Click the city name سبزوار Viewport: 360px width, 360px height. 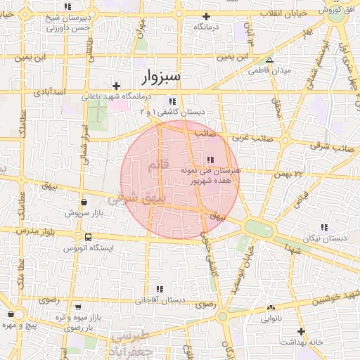click(x=161, y=75)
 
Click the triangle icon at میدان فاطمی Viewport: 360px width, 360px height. click(x=270, y=60)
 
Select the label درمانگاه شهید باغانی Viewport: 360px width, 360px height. click(x=129, y=96)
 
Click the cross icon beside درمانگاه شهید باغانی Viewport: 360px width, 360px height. click(x=116, y=85)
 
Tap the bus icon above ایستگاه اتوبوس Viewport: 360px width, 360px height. click(x=87, y=237)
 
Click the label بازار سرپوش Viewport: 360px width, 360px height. click(x=84, y=212)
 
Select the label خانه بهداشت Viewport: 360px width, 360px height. click(x=301, y=342)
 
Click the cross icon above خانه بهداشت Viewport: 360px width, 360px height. click(x=301, y=330)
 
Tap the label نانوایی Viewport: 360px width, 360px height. click(x=271, y=319)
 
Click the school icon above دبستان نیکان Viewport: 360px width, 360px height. click(x=324, y=227)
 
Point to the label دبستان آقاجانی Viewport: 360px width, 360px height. click(x=160, y=300)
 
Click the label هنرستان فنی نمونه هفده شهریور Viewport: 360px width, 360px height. click(x=210, y=175)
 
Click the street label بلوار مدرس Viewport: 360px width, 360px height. click(x=34, y=231)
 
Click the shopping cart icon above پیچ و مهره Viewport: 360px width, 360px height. click(x=11, y=314)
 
